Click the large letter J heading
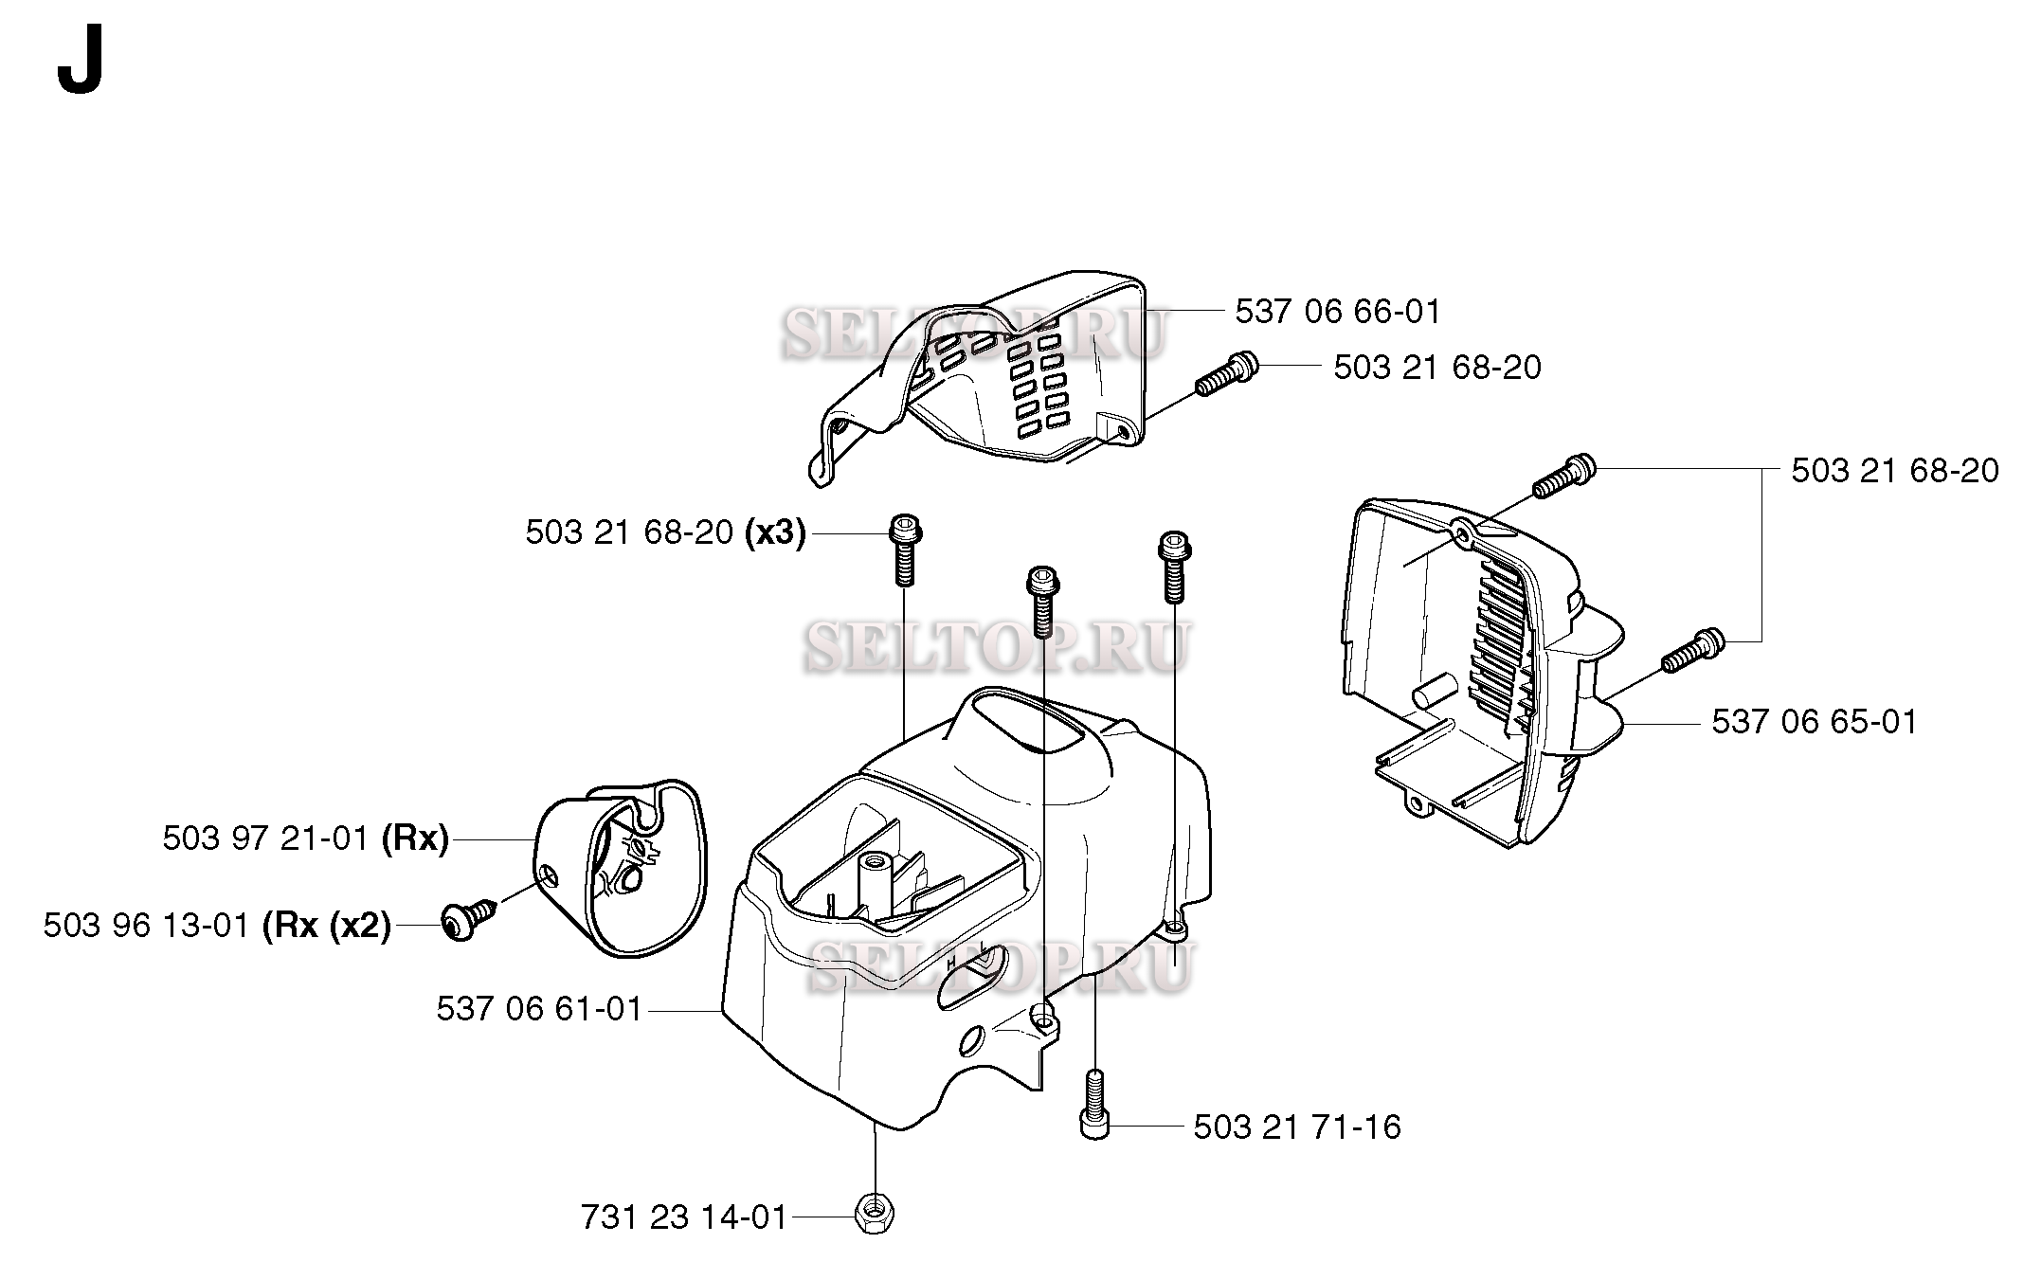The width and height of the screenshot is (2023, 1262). pyautogui.click(x=80, y=65)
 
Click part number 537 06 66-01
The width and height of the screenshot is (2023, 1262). pyautogui.click(x=1337, y=312)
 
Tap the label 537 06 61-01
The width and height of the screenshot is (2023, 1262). pyautogui.click(x=539, y=1008)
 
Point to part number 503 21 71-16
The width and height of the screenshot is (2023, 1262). pyautogui.click(x=1296, y=1127)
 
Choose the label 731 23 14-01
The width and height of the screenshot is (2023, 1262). pyautogui.click(x=684, y=1217)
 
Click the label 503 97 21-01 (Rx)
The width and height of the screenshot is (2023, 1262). pyautogui.click(x=305, y=838)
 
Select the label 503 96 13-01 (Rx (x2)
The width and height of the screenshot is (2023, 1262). pyautogui.click(x=217, y=926)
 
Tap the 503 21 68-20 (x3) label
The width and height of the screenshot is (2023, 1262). pyautogui.click(x=665, y=533)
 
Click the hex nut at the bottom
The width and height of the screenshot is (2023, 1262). pyautogui.click(x=875, y=1214)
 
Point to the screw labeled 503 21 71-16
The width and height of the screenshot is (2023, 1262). pyautogui.click(x=1094, y=1104)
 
